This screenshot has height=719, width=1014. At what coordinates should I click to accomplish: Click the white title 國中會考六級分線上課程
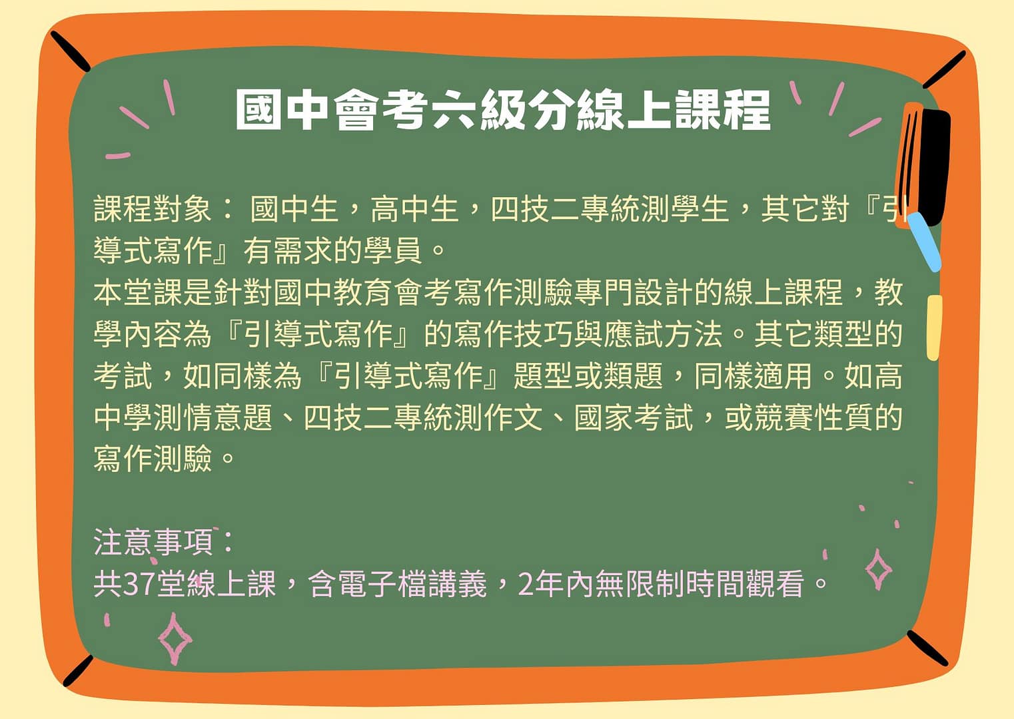[x=503, y=110]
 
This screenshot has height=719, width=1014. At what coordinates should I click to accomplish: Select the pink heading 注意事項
[x=153, y=542]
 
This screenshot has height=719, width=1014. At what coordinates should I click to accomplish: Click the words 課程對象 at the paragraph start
[x=153, y=209]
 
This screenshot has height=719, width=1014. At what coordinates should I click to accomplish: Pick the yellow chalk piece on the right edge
[x=934, y=328]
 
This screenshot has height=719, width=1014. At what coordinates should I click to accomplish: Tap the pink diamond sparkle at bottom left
[x=175, y=639]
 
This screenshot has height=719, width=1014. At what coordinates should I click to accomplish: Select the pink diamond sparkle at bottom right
[x=878, y=570]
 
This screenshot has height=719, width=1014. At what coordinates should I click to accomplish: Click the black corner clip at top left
[x=70, y=51]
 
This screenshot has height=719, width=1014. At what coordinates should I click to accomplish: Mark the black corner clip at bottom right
[x=927, y=648]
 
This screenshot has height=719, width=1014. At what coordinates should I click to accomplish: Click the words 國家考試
[x=634, y=417]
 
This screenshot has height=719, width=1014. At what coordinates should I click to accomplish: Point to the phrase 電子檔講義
[x=412, y=584]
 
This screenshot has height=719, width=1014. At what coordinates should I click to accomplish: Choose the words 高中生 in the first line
[x=414, y=209]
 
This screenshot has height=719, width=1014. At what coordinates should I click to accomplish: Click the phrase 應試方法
[x=663, y=334]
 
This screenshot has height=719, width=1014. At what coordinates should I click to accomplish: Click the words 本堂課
[x=138, y=292]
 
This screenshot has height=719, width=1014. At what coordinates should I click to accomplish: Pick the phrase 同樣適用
[x=753, y=375]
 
